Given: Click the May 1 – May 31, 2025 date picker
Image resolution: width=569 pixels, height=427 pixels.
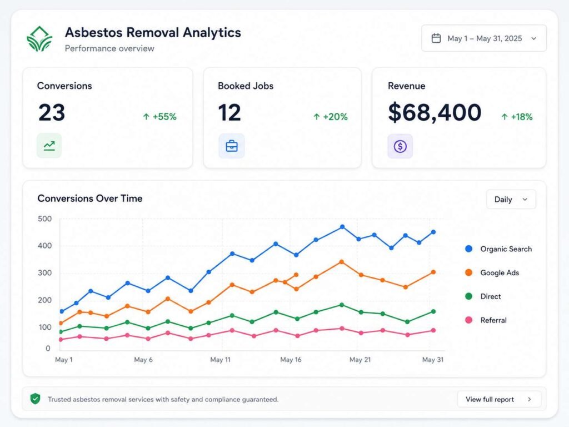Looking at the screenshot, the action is (x=484, y=38).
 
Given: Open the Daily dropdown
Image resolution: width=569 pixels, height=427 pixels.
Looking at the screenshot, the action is (x=511, y=200).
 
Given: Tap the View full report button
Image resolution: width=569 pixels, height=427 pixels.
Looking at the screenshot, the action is (x=499, y=399).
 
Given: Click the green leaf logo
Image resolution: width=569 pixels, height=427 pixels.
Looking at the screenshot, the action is (x=39, y=39).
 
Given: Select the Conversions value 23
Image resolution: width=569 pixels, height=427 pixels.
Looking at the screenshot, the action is (x=52, y=112).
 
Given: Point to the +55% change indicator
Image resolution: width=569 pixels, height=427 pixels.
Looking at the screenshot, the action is (x=159, y=117).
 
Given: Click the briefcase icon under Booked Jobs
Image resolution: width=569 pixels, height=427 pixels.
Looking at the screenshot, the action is (x=232, y=146).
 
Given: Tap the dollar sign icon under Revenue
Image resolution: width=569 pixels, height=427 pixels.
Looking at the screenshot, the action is (x=400, y=146).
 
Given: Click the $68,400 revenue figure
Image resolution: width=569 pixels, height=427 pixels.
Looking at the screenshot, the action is (x=435, y=112).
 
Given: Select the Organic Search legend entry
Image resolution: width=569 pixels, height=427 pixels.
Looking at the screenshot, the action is (x=498, y=249).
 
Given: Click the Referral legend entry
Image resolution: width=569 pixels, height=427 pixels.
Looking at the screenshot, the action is (x=486, y=320).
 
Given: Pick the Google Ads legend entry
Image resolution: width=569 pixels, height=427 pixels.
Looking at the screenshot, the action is (x=492, y=272).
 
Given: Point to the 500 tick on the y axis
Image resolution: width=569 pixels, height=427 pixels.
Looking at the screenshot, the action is (x=44, y=219).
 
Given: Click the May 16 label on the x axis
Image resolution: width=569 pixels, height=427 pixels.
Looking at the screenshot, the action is (x=291, y=360).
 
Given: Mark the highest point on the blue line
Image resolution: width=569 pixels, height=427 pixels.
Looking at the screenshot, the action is (x=342, y=227).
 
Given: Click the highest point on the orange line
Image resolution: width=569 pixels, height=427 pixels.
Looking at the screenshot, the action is (x=342, y=262).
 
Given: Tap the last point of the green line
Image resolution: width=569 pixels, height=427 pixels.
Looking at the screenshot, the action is (x=433, y=311).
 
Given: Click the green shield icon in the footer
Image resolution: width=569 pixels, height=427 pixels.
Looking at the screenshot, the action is (x=35, y=399).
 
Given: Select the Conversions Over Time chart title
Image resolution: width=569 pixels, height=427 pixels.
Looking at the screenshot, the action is (x=90, y=198).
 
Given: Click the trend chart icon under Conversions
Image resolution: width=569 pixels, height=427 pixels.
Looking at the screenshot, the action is (x=49, y=146).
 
